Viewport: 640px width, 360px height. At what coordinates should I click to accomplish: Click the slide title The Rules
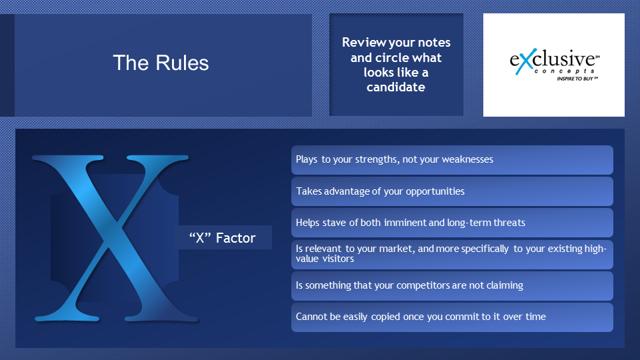(x=161, y=63)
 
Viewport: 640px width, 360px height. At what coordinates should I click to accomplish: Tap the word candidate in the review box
(x=395, y=87)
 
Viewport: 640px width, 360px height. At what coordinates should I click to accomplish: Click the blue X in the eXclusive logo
(x=526, y=61)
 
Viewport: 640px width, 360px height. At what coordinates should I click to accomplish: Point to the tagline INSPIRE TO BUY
(x=576, y=79)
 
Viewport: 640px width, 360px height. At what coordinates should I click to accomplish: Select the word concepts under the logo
(x=565, y=71)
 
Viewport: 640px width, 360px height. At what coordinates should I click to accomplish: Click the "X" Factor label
(x=223, y=237)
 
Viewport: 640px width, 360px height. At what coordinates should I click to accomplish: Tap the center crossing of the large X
(x=116, y=225)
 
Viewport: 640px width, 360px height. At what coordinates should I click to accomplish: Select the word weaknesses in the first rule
(x=467, y=159)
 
